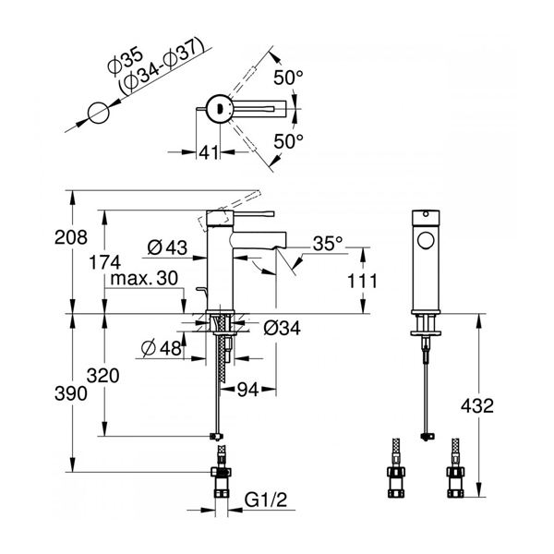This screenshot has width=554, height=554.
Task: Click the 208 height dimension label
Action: click(x=71, y=237)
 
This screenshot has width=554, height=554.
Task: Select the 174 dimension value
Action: click(x=104, y=262)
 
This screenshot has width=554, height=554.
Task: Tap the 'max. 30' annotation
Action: click(x=144, y=279)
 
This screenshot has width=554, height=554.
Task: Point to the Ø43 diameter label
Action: click(x=167, y=247)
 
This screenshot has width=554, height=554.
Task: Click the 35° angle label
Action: click(x=328, y=243)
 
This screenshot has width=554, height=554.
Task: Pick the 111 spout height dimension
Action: click(x=363, y=282)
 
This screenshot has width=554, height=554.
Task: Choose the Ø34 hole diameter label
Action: click(x=282, y=328)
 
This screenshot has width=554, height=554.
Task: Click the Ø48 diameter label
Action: click(x=161, y=349)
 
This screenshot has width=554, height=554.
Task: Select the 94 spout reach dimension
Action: click(x=247, y=390)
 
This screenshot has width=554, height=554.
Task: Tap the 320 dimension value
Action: click(x=103, y=376)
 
